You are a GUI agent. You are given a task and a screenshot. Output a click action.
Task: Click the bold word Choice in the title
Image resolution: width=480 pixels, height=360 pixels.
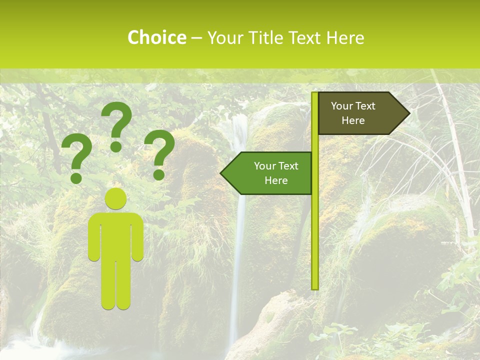[x=156, y=37]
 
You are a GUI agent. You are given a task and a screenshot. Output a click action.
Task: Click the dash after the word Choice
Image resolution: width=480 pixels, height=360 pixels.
[x=196, y=38]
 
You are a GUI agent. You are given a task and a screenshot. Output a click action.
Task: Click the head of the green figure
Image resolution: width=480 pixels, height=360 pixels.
[x=115, y=199]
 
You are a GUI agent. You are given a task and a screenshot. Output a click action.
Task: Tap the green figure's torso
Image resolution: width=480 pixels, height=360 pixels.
[x=115, y=235]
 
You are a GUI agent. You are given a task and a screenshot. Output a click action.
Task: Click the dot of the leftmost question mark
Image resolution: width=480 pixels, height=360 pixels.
[x=76, y=177]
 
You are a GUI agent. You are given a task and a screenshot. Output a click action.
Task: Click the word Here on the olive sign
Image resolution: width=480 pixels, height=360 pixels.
[x=353, y=120]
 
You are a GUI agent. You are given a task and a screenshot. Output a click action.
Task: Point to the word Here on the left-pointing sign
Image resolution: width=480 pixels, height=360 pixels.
[x=276, y=180]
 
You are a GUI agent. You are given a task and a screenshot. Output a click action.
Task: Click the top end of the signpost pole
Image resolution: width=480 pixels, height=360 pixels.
[x=314, y=94]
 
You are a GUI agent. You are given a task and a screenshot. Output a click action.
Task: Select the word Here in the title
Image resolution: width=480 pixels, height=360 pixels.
[x=345, y=37]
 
